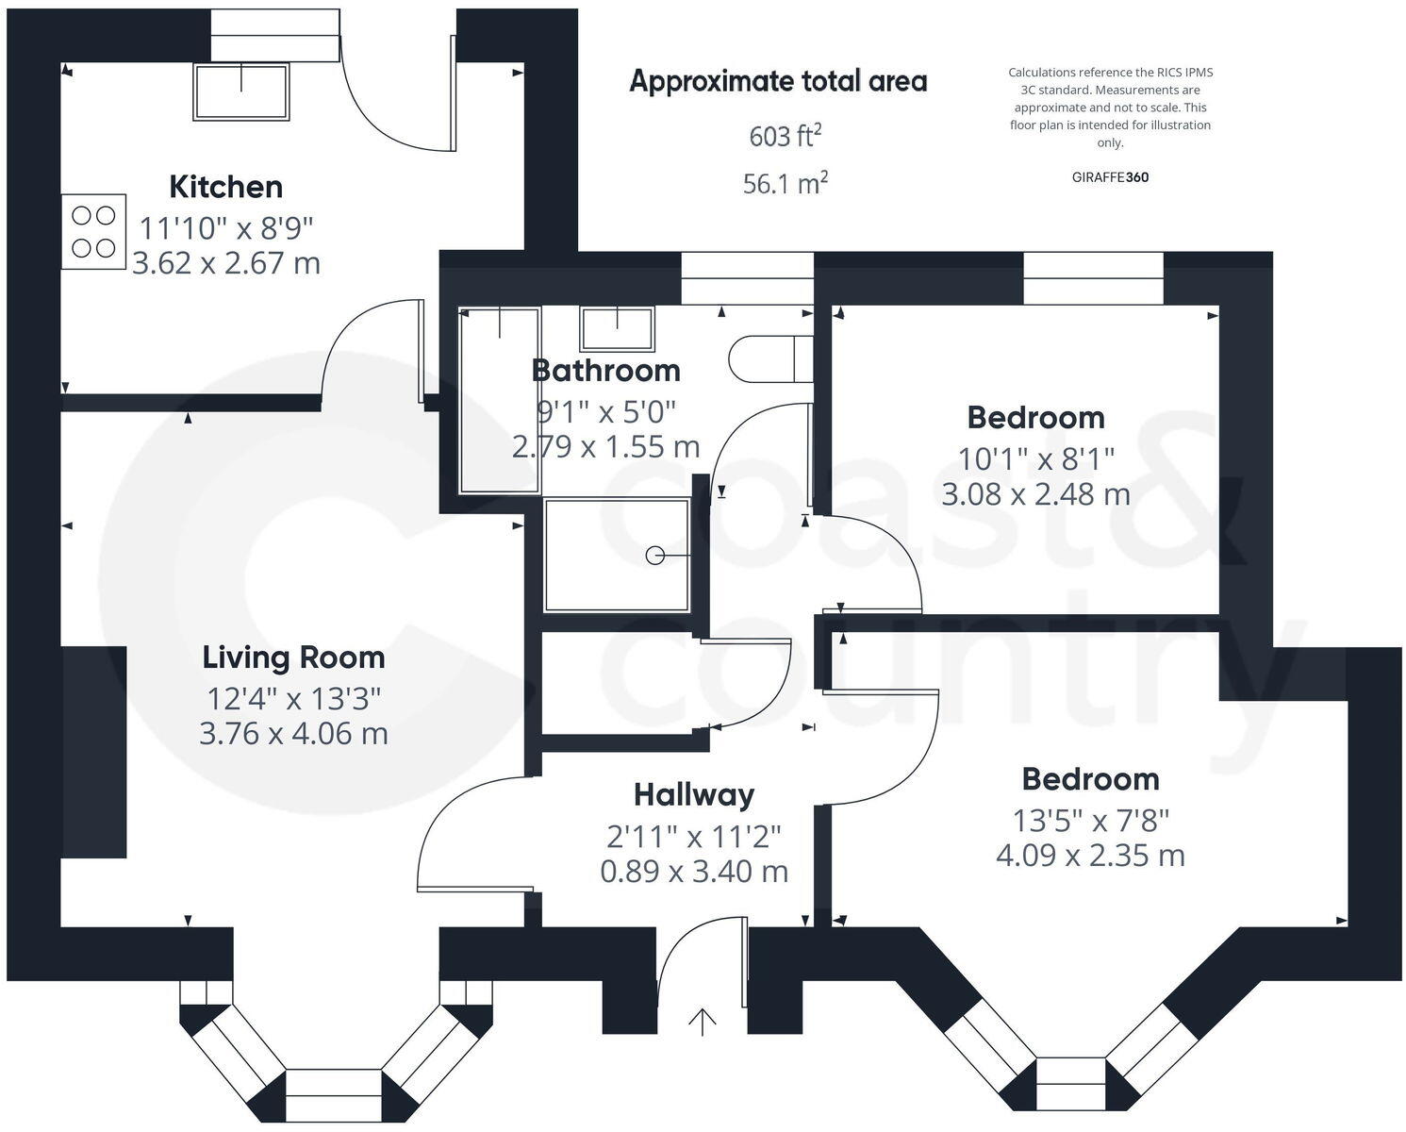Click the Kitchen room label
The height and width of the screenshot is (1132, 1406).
point(225,187)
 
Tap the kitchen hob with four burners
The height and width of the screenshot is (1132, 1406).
point(93,232)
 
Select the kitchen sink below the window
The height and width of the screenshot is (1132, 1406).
point(240,92)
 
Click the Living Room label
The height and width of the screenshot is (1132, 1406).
point(293,658)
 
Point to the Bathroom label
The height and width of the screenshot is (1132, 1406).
point(605,371)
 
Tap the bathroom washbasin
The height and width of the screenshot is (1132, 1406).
point(617,329)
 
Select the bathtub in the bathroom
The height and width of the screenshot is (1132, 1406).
point(499,400)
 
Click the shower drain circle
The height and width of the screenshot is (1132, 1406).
point(654,556)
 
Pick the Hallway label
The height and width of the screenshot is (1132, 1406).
point(694,794)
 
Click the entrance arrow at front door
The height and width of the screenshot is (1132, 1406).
point(703,1022)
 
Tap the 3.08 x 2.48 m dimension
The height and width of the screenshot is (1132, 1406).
point(1035,493)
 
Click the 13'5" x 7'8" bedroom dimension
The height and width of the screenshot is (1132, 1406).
point(1090,820)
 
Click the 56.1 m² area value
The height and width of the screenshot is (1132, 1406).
point(785,183)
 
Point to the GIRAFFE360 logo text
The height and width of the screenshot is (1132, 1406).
point(1110,176)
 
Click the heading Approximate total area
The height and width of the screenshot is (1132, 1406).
point(778,82)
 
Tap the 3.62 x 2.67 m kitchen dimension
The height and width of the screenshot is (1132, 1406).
point(226,262)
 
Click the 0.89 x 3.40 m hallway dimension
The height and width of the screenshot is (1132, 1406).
point(694,871)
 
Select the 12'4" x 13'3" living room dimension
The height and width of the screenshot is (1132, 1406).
point(293,699)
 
